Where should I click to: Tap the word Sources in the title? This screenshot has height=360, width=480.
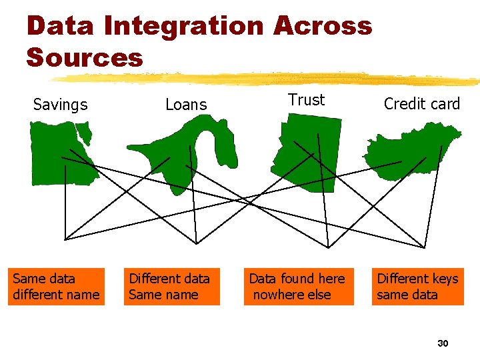coord(85,57)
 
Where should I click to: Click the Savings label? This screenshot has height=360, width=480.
coord(60,105)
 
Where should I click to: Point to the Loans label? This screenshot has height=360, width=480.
coord(186,105)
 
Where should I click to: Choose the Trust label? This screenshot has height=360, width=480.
coord(306,100)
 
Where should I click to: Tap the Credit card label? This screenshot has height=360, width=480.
coord(422,104)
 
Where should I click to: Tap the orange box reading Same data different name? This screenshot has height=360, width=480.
coord(56,287)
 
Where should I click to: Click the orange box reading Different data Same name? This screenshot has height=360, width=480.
coord(171,287)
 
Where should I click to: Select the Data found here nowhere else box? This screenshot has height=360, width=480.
coord(297,287)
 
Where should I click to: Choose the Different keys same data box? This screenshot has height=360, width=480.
coord(417,287)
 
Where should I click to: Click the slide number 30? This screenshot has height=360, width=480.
coord(442,343)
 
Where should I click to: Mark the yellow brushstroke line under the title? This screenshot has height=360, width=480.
coord(267,79)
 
